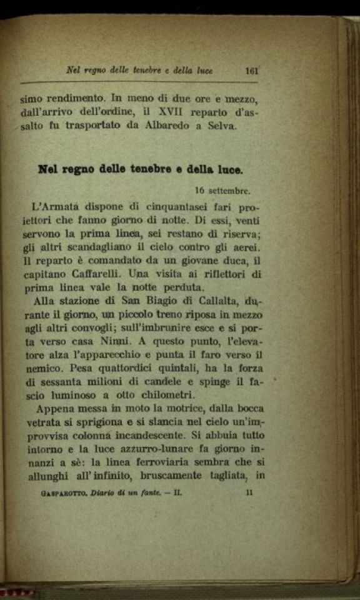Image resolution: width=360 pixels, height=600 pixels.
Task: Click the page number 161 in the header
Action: tap(252, 71)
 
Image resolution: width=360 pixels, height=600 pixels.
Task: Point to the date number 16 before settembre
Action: tap(199, 191)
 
